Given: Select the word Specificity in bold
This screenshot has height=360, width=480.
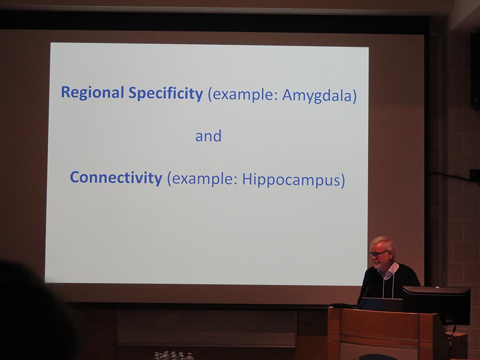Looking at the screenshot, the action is pyautogui.click(x=165, y=94).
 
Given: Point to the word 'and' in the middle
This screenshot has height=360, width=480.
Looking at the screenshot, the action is pyautogui.click(x=208, y=136).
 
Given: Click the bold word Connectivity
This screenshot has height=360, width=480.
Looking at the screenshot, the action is pyautogui.click(x=116, y=178).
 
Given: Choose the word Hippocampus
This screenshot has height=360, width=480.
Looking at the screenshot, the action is pyautogui.click(x=291, y=180).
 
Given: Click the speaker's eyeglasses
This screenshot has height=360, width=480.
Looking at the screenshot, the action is pyautogui.click(x=378, y=254).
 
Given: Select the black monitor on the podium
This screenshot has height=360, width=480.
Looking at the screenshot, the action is pyautogui.click(x=437, y=305).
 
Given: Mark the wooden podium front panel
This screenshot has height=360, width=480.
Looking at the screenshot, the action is pyautogui.click(x=384, y=334).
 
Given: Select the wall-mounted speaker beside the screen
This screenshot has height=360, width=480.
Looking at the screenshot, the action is pyautogui.click(x=475, y=71).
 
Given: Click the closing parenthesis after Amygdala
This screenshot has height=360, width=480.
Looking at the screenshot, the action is pyautogui.click(x=354, y=96).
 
